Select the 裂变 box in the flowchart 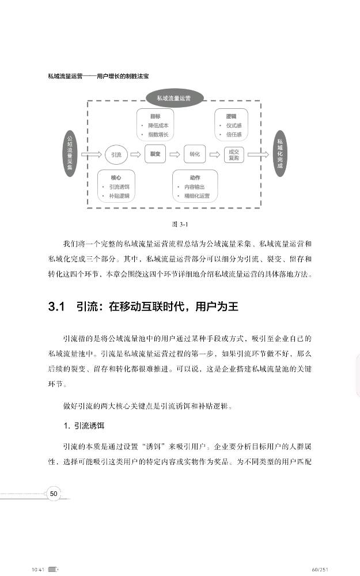[155, 154]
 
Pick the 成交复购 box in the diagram [233, 154]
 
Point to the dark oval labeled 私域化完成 [280, 154]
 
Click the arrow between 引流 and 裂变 [135, 154]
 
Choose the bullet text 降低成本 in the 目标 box [157, 126]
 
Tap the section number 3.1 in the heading [58, 306]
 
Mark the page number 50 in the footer [54, 493]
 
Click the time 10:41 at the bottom [38, 569]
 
